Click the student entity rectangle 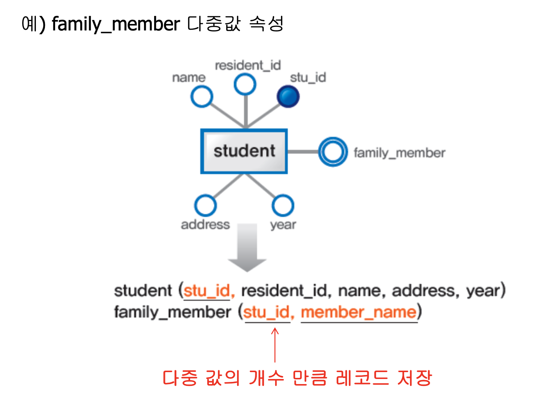[x=244, y=151]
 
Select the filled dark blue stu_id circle [x=288, y=96]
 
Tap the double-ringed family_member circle [x=333, y=152]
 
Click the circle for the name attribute [x=202, y=96]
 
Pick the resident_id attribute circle [x=245, y=84]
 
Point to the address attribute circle [x=206, y=205]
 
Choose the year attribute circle [x=283, y=205]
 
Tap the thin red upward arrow [x=275, y=345]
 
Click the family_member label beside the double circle [x=399, y=153]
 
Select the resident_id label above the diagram [x=248, y=66]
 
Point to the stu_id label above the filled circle [x=308, y=78]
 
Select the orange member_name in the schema [x=359, y=312]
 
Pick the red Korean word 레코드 [x=362, y=378]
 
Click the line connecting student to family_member [x=303, y=152]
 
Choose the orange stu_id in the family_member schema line [x=267, y=312]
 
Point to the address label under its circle [x=205, y=225]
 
